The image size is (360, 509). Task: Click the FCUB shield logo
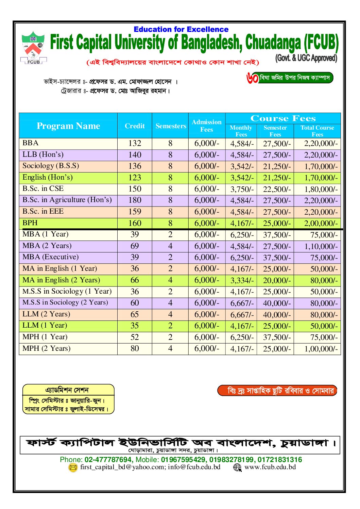pos(33,47)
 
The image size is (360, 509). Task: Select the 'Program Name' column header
pos(68,126)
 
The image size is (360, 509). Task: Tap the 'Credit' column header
pos(135,126)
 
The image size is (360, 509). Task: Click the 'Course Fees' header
pos(283,118)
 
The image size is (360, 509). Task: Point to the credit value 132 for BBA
pos(135,143)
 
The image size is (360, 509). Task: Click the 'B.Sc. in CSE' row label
pos(43,188)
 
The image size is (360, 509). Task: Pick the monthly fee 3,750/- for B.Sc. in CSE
pos(242,189)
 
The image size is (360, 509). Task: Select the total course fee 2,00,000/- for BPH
pos(321,223)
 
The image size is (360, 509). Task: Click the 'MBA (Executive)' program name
pos(50,257)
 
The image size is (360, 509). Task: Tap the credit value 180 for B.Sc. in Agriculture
pos(135,200)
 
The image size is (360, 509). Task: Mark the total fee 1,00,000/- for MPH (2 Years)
pos(321,349)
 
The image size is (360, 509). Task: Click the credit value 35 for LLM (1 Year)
pos(135,326)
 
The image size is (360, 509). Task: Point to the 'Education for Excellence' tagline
pos(181,30)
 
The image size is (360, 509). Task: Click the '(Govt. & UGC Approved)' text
pos(306,58)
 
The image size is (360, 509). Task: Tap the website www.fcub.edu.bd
pos(270,467)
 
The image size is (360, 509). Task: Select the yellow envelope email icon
pos(73,467)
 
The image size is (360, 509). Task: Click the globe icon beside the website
pos(237,467)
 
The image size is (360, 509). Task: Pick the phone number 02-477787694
pos(108,460)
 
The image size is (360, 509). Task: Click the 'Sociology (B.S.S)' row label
pos(51,166)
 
